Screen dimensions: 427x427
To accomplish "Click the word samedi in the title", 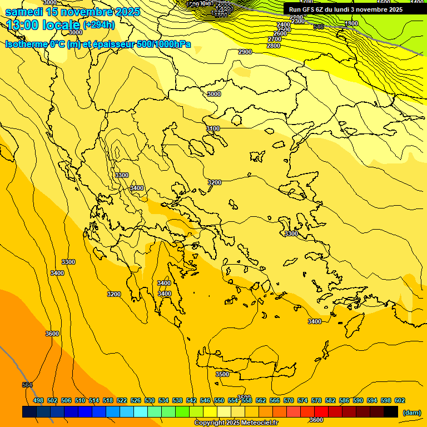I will (24, 12).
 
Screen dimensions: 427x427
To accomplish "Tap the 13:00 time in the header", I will (26, 25).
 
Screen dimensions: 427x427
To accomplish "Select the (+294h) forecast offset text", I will (99, 25).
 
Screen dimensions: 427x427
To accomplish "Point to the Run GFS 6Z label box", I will (346, 9).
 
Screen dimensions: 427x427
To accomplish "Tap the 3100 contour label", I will (213, 128).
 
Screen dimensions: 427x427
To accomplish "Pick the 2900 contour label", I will (245, 52).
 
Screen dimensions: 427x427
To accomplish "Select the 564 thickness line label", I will (27, 385).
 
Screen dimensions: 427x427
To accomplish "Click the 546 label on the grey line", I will (319, 27).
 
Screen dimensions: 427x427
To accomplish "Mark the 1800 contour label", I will (351, 23).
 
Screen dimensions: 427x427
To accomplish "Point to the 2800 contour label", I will (274, 46).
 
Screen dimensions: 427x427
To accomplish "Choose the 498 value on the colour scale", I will (38, 400).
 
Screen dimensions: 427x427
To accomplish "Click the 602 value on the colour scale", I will (400, 400).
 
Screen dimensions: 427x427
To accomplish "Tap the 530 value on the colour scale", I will (150, 400).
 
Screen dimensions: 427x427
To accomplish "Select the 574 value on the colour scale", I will (302, 400).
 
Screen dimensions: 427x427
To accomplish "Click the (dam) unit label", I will (412, 413).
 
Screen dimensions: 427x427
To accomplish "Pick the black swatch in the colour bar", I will (391, 412).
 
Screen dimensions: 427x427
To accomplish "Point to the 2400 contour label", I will (284, 24).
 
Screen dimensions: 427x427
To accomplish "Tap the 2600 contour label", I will (280, 33).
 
